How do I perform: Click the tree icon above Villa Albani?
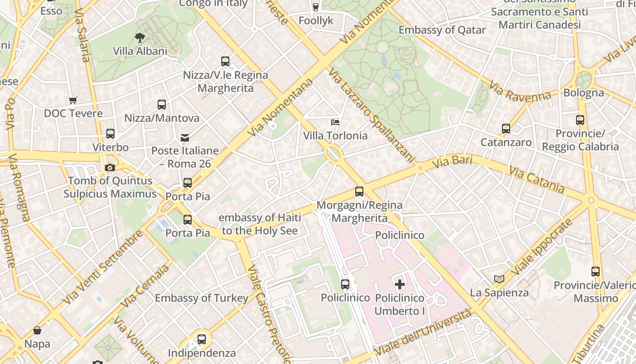[140, 38]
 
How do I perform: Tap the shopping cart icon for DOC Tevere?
[73, 100]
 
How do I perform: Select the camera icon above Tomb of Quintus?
[109, 168]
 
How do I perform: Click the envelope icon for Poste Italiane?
[185, 137]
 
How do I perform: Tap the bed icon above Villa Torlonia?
[335, 122]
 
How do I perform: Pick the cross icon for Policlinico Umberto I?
[400, 285]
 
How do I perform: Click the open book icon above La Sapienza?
[499, 279]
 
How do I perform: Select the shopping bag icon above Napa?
[37, 330]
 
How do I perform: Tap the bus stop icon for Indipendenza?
[202, 339]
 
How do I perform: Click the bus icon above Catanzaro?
[506, 129]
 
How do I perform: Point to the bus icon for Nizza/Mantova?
[162, 105]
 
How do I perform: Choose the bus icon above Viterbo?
[110, 134]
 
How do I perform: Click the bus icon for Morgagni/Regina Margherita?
[359, 192]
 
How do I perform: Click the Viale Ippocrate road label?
[541, 248]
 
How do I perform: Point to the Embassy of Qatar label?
[442, 30]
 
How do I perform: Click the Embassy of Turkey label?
[202, 298]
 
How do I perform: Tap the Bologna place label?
[584, 93]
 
